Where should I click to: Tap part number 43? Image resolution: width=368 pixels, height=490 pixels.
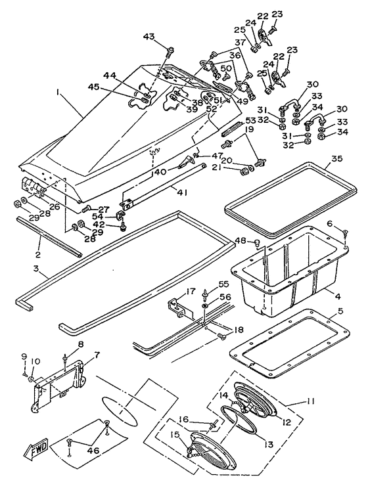point(149,37)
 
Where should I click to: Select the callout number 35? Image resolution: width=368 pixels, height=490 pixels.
point(336,158)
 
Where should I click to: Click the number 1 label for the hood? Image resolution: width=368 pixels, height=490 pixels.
point(58,92)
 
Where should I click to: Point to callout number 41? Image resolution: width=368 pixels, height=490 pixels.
point(181,193)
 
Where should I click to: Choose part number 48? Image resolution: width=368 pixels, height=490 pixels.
point(241,240)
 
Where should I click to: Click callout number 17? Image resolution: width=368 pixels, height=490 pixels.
point(191,292)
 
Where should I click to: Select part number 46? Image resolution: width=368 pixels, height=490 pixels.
point(93,451)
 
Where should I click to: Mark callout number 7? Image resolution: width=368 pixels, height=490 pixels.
point(97,355)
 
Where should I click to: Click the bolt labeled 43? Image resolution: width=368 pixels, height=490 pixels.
point(170,53)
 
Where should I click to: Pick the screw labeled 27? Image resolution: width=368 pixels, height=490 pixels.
point(85,208)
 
